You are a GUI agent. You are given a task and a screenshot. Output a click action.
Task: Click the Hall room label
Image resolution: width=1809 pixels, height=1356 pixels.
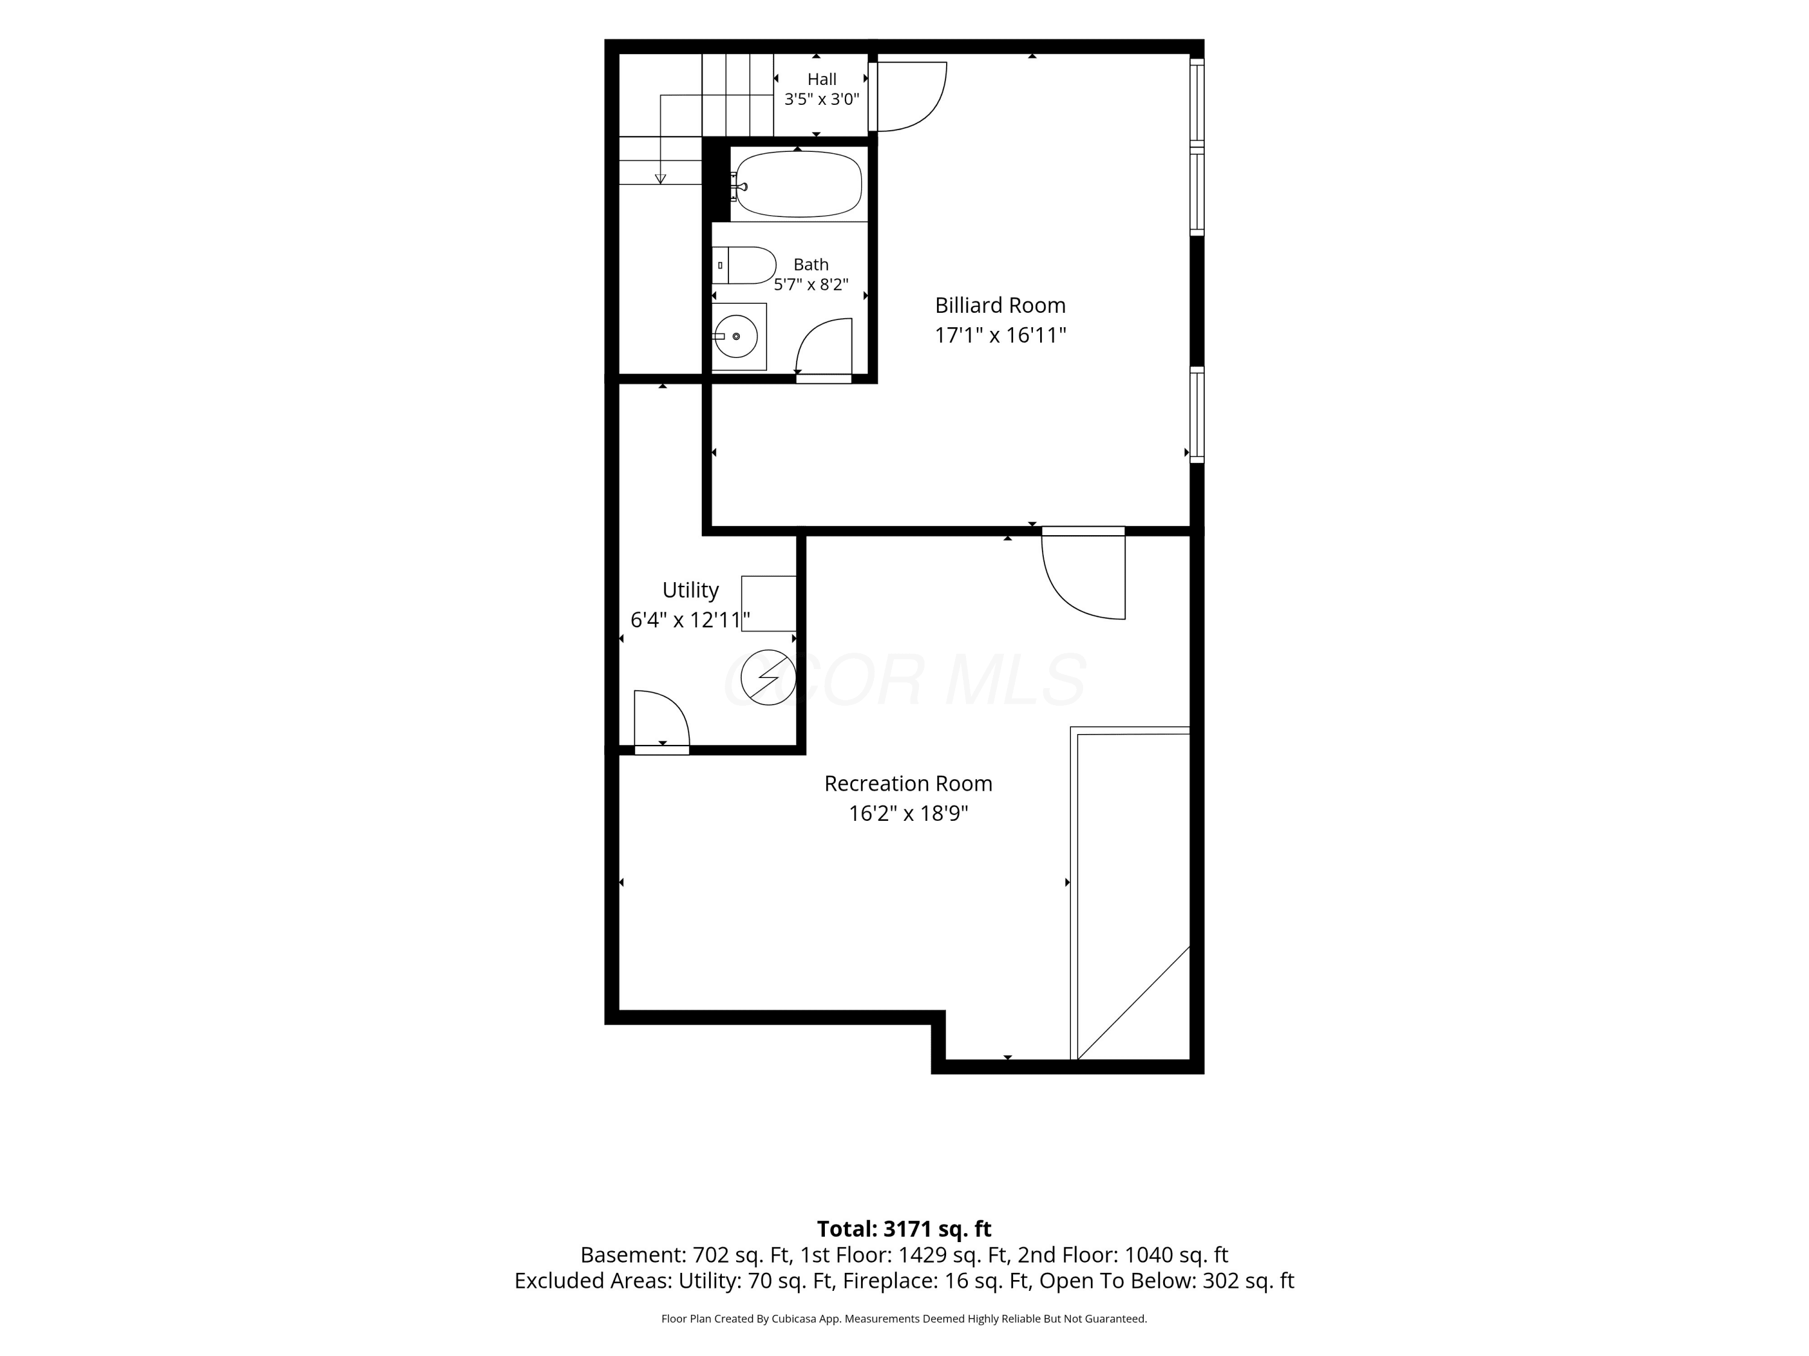[822, 80]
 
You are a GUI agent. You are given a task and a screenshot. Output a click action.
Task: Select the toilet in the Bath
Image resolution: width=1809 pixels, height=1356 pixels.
[743, 265]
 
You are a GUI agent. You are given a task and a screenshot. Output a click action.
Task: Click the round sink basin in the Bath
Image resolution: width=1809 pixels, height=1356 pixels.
[736, 336]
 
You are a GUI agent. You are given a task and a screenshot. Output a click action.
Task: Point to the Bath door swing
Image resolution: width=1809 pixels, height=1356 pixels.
[824, 347]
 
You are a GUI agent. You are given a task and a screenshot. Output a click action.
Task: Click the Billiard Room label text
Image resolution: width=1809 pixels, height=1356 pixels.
[1000, 305]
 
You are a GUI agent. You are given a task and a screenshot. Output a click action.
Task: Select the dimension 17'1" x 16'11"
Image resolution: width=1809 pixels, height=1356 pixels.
[1000, 335]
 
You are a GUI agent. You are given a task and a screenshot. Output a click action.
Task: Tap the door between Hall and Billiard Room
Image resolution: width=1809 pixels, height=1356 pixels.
[908, 96]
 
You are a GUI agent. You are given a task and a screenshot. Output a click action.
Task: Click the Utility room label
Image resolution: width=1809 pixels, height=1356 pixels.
[690, 589]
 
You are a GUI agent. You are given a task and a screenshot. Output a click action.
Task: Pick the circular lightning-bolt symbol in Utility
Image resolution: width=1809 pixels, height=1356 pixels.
[768, 677]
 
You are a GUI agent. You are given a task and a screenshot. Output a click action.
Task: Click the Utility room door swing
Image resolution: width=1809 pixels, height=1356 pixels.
[661, 718]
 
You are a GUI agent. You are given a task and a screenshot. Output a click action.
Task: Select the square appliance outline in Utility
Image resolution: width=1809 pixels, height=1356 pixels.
[769, 603]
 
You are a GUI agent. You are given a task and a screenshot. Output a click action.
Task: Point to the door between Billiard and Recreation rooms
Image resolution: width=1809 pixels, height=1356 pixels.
[1084, 573]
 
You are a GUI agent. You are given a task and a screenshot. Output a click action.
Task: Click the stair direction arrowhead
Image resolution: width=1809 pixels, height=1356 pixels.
[661, 179]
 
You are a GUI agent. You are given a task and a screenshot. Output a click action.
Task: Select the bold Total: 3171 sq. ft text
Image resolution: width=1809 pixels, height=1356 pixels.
[904, 1228]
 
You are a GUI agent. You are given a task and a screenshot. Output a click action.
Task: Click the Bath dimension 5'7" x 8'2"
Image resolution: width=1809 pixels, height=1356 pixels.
[811, 284]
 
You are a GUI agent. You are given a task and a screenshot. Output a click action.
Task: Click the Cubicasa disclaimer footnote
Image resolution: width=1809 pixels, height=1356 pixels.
[904, 1319]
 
